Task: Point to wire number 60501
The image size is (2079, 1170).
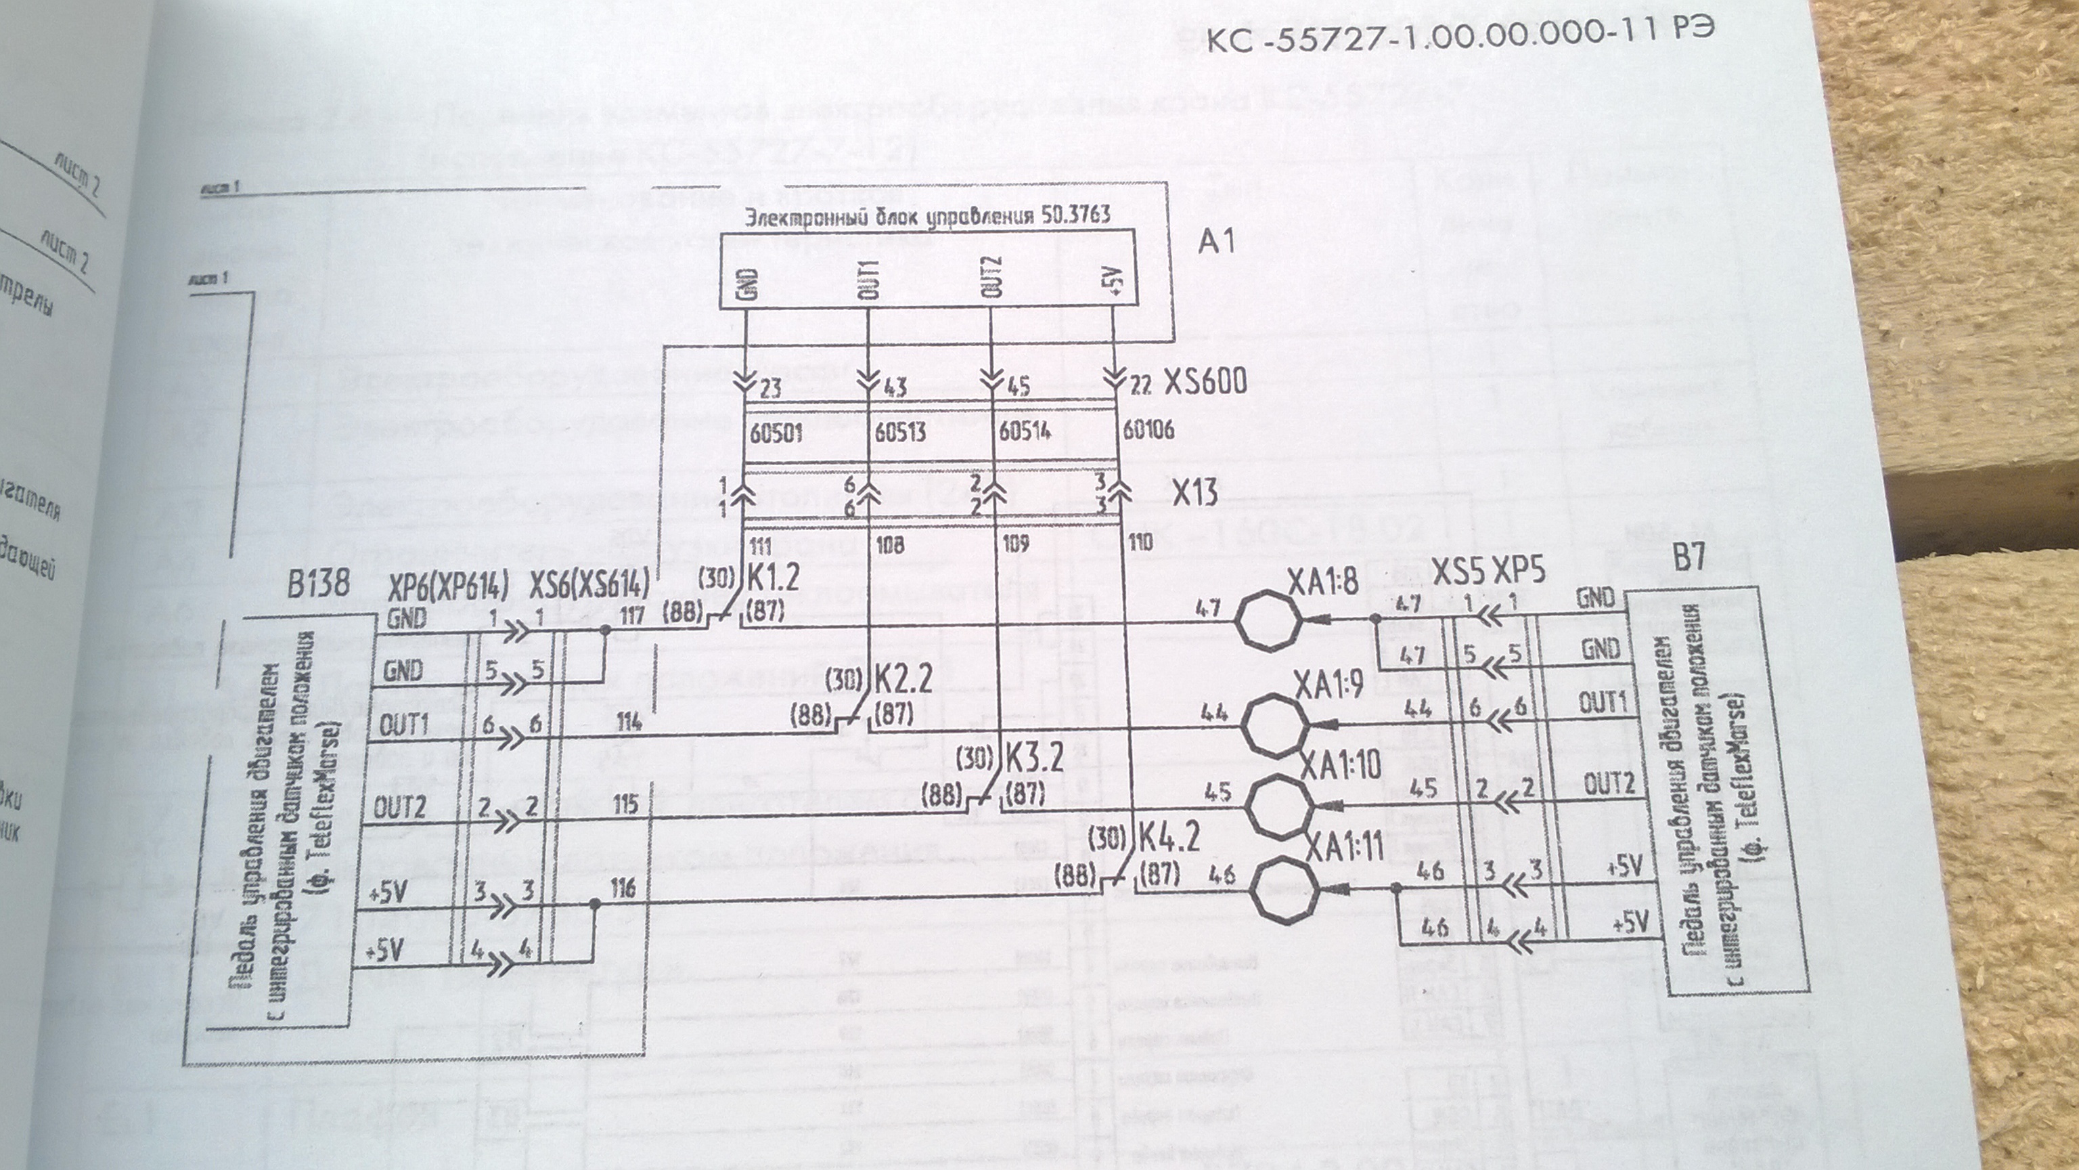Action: pos(776,433)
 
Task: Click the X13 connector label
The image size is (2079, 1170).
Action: pos(1194,491)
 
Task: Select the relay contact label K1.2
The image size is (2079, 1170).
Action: pos(773,578)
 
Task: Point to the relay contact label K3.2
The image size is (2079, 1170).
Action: pos(1034,756)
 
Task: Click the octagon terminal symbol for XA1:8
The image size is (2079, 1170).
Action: pos(1269,621)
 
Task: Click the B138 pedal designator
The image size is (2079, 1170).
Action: pos(318,583)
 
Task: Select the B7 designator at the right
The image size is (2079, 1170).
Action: pos(1689,557)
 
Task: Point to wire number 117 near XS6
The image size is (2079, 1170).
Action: pos(632,617)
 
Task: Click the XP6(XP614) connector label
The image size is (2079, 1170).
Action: pos(448,588)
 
